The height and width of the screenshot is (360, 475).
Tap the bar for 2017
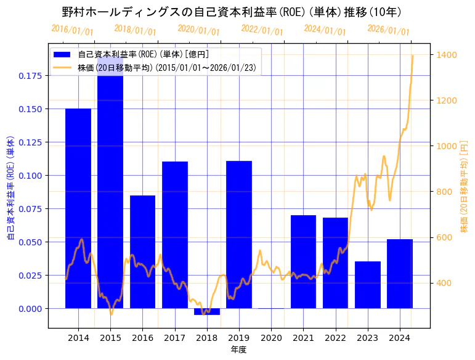click(174, 235)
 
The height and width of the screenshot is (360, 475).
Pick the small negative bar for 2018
click(206, 311)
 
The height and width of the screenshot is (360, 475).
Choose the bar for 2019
click(239, 234)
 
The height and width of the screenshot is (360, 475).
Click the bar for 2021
click(303, 261)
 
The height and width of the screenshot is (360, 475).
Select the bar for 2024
click(399, 274)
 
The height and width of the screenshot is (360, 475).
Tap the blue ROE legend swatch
click(63, 54)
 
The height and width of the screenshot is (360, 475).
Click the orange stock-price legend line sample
click(63, 68)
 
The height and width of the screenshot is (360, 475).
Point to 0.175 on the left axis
click(32, 76)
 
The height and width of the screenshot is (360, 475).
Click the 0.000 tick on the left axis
click(32, 308)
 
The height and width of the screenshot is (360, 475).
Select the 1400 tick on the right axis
click(447, 55)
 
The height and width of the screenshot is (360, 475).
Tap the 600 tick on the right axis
click(447, 237)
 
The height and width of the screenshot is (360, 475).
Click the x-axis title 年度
click(239, 350)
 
